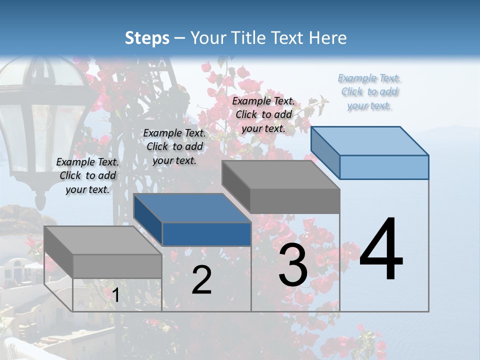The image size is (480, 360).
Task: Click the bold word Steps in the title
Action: pos(147,38)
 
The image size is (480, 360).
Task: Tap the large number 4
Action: pos(381,249)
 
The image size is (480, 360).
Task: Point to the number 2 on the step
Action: pos(201,280)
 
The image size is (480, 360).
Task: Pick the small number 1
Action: pos(115,295)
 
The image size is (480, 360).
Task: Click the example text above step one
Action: pos(87,175)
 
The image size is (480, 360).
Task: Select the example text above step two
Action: pos(174,146)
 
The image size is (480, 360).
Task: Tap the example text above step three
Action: pos(263,114)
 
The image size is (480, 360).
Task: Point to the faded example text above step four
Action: pos(369,91)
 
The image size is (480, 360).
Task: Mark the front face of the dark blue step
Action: pos(206,234)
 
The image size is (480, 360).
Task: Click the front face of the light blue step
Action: pos(384,167)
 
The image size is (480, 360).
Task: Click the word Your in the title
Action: pos(208,38)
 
